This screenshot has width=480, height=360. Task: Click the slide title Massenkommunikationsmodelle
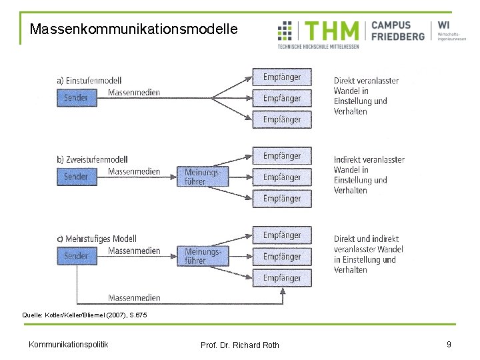[x=133, y=29]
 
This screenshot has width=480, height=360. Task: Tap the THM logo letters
[x=332, y=31]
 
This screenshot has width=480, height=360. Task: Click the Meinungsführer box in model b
[x=202, y=177]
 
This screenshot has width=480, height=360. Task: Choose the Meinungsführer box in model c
[x=202, y=256]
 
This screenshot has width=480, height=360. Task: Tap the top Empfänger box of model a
[x=281, y=77]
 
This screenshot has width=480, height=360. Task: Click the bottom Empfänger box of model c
[x=281, y=277]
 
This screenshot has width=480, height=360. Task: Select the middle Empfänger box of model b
[x=281, y=177]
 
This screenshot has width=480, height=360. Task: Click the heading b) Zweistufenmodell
[x=92, y=159]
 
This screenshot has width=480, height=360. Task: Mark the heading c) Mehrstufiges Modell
[x=97, y=239]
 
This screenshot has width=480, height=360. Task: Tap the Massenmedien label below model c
[x=134, y=297]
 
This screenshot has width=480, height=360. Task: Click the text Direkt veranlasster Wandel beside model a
[x=366, y=96]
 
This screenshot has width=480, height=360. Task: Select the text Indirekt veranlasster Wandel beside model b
[x=369, y=175]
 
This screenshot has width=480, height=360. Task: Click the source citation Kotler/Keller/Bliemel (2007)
[x=85, y=314]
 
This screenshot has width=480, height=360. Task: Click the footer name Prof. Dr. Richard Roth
[x=240, y=345]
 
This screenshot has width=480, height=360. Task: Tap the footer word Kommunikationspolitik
[x=69, y=344]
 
